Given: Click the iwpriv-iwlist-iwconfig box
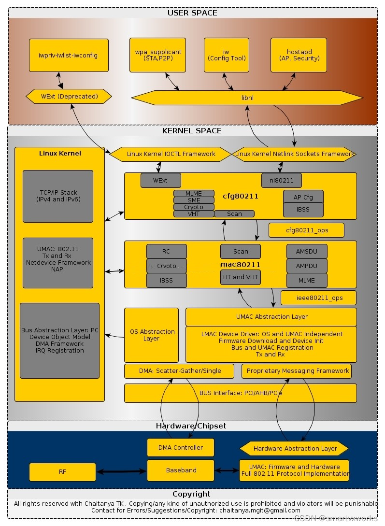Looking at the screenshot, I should click(x=69, y=56).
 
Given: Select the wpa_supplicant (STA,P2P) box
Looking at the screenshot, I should click(x=157, y=56).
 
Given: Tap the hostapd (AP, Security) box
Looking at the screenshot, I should click(x=299, y=56).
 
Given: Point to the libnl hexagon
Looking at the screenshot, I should click(x=247, y=98).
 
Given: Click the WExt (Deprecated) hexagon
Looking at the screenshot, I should click(x=69, y=97).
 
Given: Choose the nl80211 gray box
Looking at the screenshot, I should click(x=281, y=181).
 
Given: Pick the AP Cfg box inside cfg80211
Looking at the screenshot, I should click(x=303, y=197).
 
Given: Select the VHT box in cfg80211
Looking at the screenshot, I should click(x=194, y=214).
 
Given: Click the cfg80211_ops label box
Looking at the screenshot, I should click(x=306, y=230).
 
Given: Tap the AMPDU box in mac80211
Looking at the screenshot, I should click(x=306, y=266).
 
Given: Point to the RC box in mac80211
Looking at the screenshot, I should click(x=166, y=252).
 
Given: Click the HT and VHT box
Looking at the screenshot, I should click(x=240, y=277).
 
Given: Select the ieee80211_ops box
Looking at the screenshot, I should click(x=319, y=298).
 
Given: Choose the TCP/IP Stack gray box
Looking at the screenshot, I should click(x=58, y=196).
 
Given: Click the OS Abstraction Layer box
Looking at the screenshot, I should click(x=151, y=335).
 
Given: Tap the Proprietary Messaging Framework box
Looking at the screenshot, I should click(x=298, y=371).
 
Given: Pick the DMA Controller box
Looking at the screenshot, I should click(x=181, y=448).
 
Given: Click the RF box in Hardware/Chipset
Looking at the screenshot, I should click(x=62, y=472).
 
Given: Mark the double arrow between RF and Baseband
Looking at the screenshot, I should click(x=121, y=471).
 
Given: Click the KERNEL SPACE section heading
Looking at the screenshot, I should click(x=192, y=131).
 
